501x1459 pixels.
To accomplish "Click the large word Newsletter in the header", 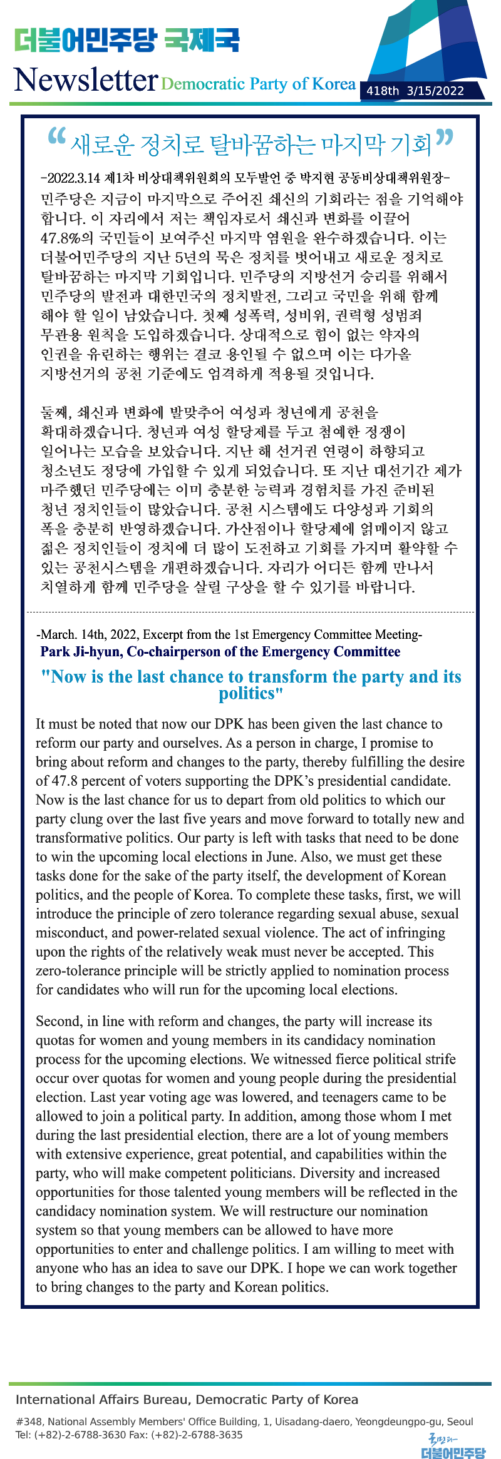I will point(85,80).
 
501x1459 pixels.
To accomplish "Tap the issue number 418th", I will point(383,91).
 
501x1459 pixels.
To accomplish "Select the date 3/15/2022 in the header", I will point(435,91).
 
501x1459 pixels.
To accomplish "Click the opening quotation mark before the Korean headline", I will point(56,137).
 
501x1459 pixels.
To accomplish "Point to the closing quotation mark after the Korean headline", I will point(444,137).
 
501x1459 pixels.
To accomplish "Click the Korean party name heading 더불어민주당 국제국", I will point(127,40).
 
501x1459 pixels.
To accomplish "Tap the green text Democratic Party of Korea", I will point(258,84).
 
